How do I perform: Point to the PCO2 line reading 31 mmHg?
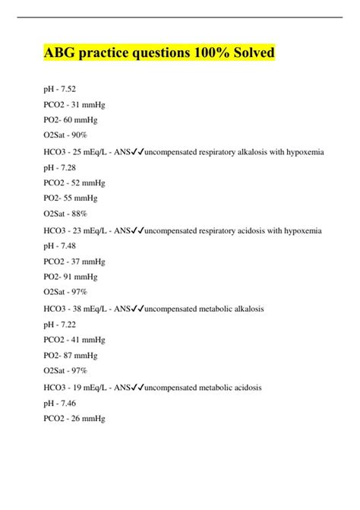pos(74,104)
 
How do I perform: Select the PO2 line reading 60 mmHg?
pos(71,120)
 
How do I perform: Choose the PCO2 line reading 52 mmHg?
pos(74,183)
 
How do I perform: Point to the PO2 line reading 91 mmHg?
pos(71,277)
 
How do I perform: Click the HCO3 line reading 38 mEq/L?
pos(77,309)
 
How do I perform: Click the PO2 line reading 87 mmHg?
pos(71,356)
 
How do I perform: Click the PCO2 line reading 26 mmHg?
pos(74,418)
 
